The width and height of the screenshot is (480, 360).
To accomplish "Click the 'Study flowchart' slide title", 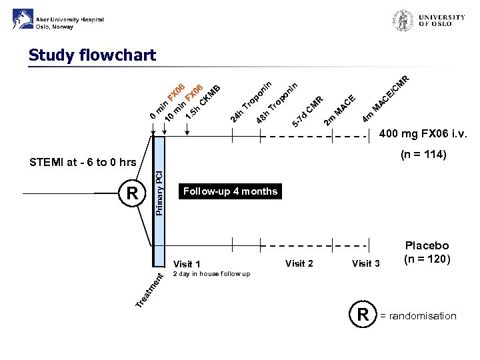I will pos(92,55).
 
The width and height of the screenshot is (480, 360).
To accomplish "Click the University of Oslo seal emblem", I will pos(403,21).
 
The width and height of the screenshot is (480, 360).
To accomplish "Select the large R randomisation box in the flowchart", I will pos(132,193).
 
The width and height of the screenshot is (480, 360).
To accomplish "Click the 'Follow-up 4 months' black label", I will pos(230,191).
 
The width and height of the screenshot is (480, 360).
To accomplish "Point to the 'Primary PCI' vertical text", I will pos(159,193).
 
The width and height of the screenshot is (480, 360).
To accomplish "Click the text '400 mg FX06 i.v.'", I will pos(423,136).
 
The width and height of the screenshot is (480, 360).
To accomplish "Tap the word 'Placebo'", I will pos(427,246).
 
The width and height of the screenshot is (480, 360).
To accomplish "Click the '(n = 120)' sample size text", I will pos(427,259).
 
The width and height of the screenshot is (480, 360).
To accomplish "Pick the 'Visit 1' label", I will pos(187,264).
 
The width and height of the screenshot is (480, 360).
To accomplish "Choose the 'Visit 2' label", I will pos(299,263).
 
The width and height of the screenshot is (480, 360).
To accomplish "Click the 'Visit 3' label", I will pos(366,263).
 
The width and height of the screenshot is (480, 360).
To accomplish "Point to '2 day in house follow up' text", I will pos(211,274).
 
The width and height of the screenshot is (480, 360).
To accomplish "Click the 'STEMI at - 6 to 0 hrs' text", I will pos(83,162).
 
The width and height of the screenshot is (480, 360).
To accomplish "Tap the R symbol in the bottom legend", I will pos(363,315).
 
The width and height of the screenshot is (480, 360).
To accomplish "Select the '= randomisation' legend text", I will pos(418,316).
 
